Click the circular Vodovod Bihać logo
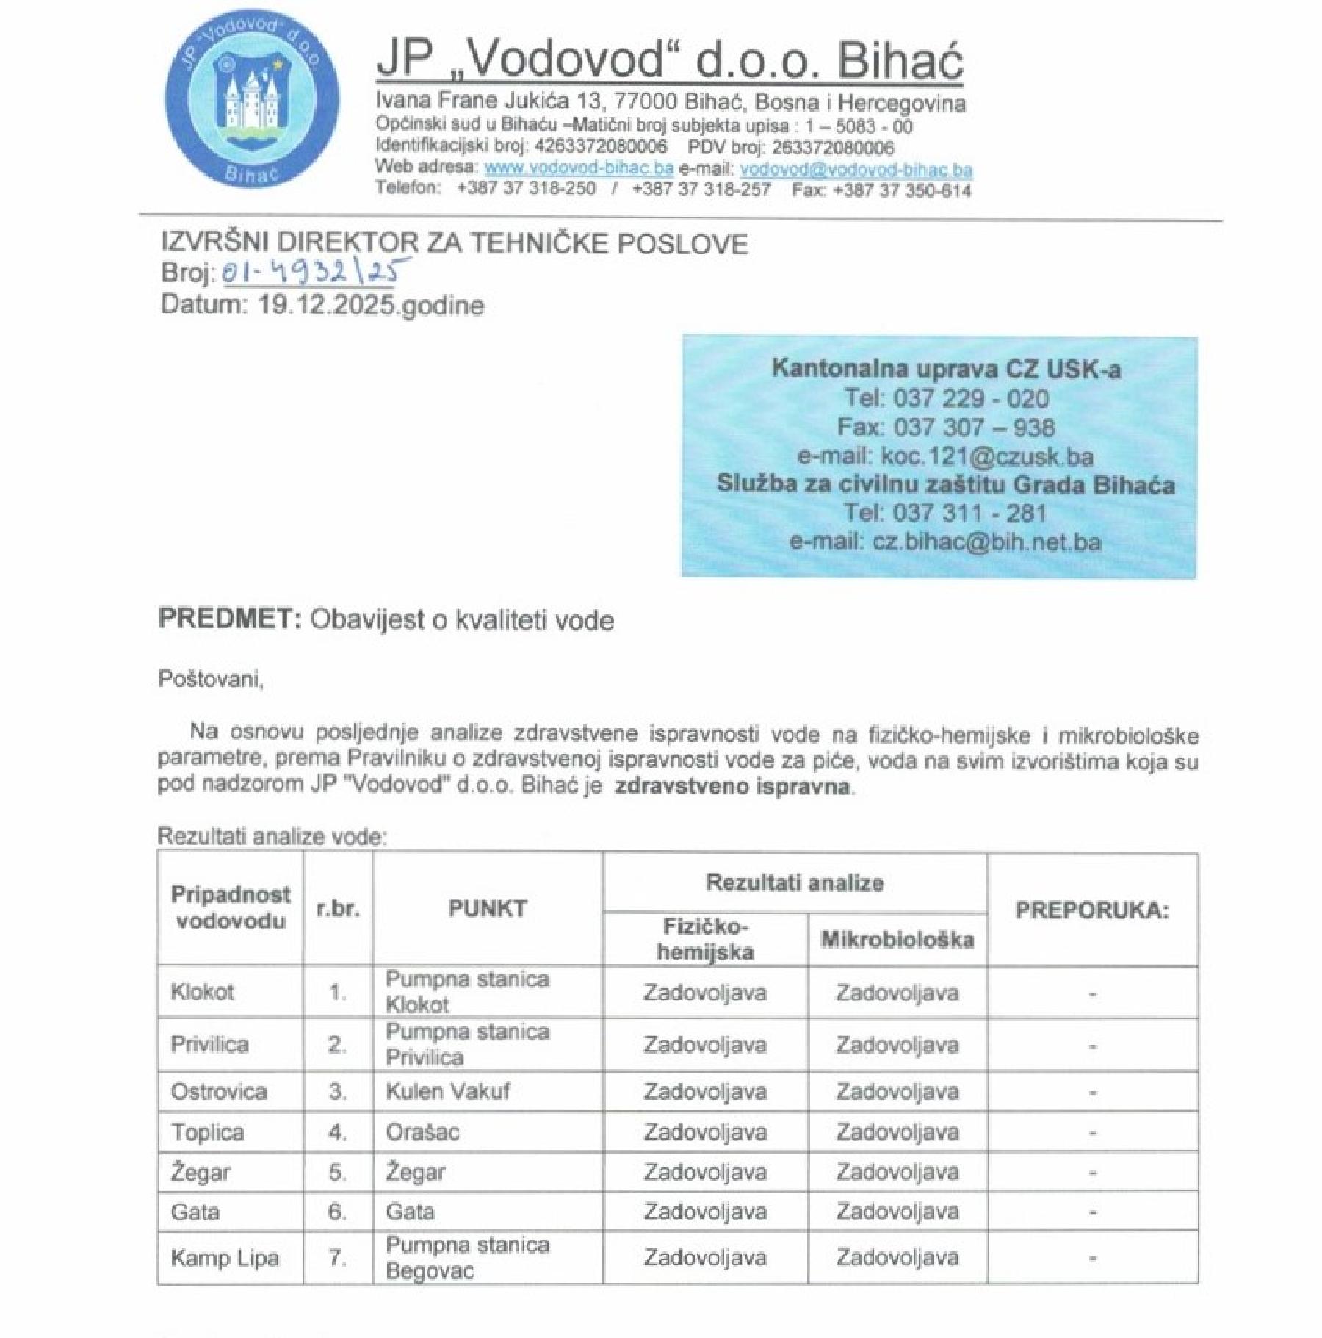pyautogui.click(x=251, y=101)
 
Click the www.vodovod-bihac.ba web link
pyautogui.click(x=578, y=168)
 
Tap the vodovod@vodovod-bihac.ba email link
pyautogui.click(x=856, y=169)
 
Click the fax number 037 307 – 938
pyautogui.click(x=973, y=427)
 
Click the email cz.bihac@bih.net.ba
pyautogui.click(x=986, y=542)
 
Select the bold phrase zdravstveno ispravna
pyautogui.click(x=732, y=786)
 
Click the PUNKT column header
pyautogui.click(x=487, y=908)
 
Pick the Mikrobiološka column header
pyautogui.click(x=897, y=939)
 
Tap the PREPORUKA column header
pyautogui.click(x=1091, y=910)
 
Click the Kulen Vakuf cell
pyautogui.click(x=447, y=1092)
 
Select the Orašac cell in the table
pyautogui.click(x=422, y=1132)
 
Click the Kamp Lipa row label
pyautogui.click(x=225, y=1258)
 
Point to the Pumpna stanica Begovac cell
pyautogui.click(x=466, y=1257)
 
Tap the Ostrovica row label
pyautogui.click(x=218, y=1092)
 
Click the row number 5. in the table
pyautogui.click(x=337, y=1172)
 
